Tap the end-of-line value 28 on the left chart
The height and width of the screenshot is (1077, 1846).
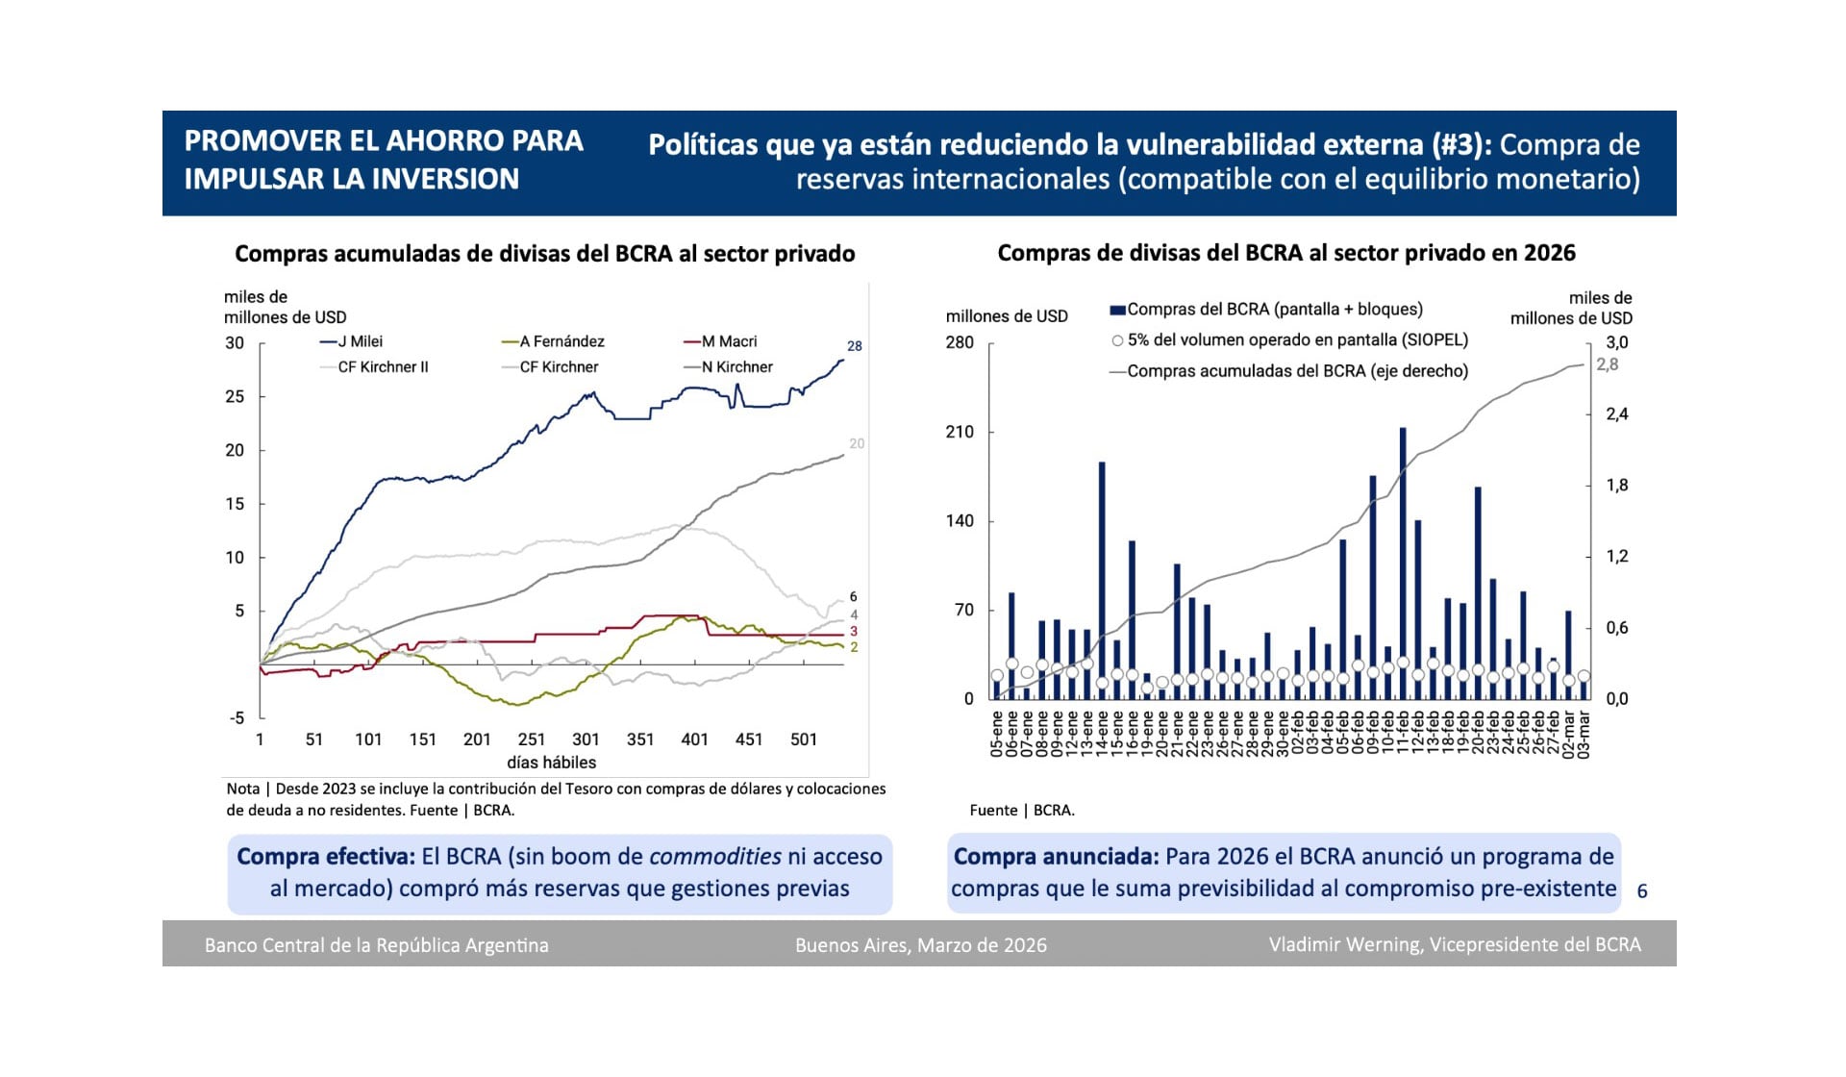pyautogui.click(x=854, y=346)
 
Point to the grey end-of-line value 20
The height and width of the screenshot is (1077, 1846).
pyautogui.click(x=856, y=443)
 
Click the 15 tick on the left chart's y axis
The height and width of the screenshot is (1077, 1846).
pyautogui.click(x=235, y=504)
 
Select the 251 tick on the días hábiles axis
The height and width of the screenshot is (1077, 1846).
pyautogui.click(x=532, y=739)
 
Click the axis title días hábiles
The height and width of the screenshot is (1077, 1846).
pyautogui.click(x=551, y=763)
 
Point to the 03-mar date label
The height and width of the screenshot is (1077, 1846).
pyautogui.click(x=1584, y=736)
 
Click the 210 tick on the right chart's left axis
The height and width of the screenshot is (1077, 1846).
pyautogui.click(x=960, y=432)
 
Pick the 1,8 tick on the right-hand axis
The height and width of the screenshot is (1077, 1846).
pyautogui.click(x=1617, y=486)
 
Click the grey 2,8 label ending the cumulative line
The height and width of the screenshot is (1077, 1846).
pyautogui.click(x=1608, y=364)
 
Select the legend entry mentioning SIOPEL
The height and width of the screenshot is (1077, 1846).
pyautogui.click(x=1297, y=340)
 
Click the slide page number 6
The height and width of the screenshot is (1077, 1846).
pyautogui.click(x=1642, y=891)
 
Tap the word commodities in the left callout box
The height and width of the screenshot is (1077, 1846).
pyautogui.click(x=714, y=857)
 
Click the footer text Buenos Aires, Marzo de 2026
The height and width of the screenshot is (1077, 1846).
pyautogui.click(x=920, y=945)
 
